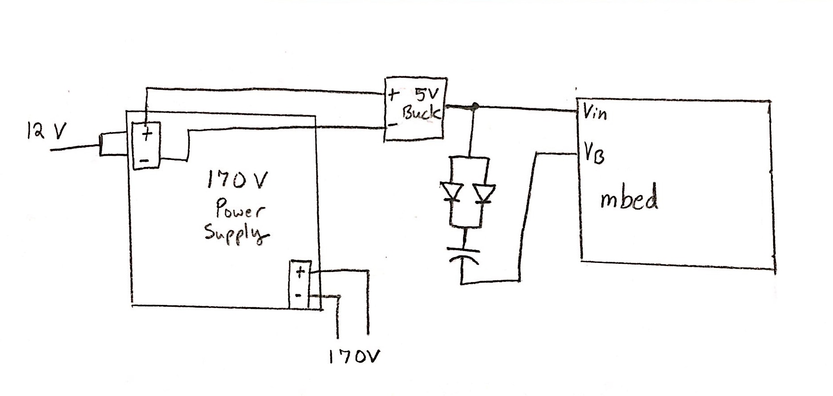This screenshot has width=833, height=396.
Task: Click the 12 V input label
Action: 46,131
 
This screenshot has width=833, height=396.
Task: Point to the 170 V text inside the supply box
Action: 236,181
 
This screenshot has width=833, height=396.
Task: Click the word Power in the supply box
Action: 240,209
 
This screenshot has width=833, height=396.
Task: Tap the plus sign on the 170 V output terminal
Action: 300,271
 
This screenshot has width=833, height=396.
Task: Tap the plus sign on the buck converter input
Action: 393,95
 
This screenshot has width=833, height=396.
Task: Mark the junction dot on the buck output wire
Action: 476,106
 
